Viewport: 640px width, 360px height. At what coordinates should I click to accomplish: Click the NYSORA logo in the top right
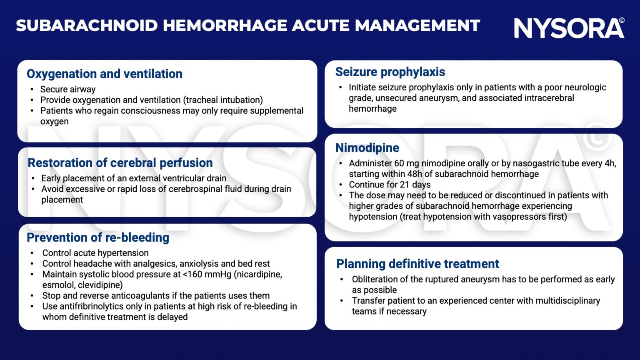[x=569, y=28]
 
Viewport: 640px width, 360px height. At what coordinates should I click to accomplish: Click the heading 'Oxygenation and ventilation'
[x=105, y=74]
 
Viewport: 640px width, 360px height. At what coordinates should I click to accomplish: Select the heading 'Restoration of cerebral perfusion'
[x=120, y=162]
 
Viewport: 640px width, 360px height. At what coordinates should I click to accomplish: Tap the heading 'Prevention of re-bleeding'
[x=98, y=237]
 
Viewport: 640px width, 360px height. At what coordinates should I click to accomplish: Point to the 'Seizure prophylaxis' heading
[x=390, y=72]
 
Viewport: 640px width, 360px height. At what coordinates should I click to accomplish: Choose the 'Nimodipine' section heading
[x=367, y=147]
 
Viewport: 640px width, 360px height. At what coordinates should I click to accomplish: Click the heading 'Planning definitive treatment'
[x=417, y=264]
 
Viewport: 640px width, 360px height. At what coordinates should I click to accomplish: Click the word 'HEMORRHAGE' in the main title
[x=225, y=25]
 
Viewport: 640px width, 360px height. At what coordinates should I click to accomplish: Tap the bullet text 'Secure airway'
[x=68, y=89]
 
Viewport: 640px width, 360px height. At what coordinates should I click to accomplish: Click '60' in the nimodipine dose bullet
[x=399, y=163]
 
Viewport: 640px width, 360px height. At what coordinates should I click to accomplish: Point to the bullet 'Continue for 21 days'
[x=390, y=185]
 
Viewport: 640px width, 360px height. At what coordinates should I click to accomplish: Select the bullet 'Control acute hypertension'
[x=95, y=253]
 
